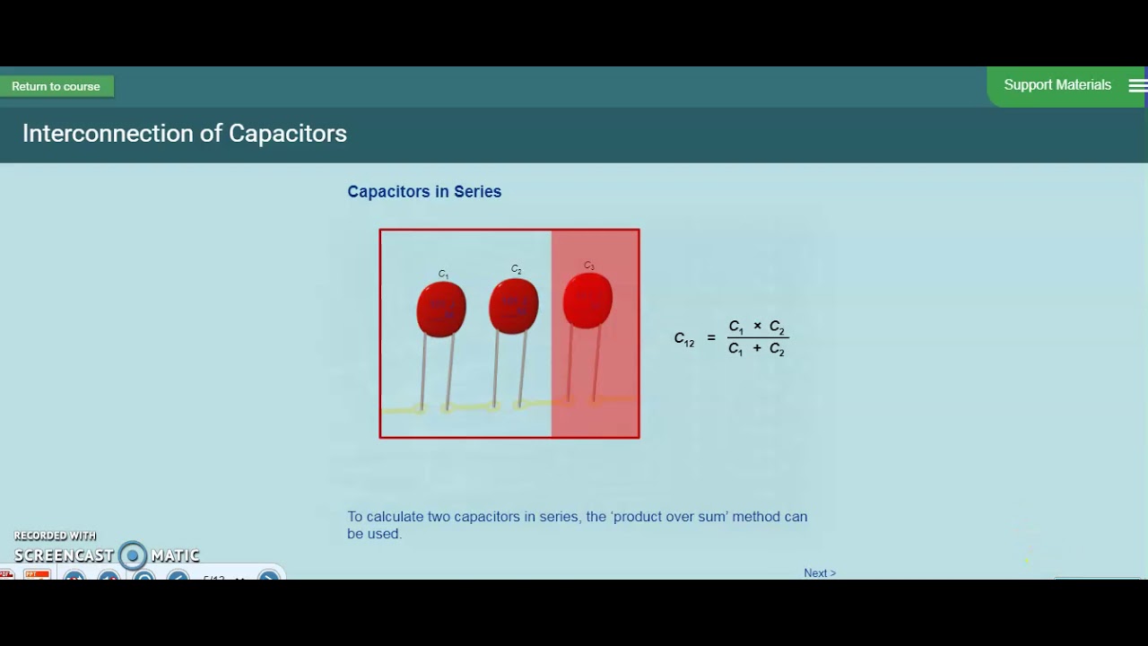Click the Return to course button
[56, 87]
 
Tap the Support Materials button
[1057, 85]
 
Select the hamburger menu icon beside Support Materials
[1137, 86]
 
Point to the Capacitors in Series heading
[424, 192]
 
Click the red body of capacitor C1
[441, 309]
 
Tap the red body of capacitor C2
[514, 305]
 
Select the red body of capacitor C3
[587, 300]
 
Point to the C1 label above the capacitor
[443, 275]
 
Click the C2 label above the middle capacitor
[516, 270]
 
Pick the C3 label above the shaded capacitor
[589, 266]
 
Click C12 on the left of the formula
[683, 339]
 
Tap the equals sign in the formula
[711, 338]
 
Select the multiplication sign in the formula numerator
[757, 327]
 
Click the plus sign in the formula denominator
[757, 349]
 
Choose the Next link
[819, 573]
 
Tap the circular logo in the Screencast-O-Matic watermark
[133, 555]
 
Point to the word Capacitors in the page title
[288, 134]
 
